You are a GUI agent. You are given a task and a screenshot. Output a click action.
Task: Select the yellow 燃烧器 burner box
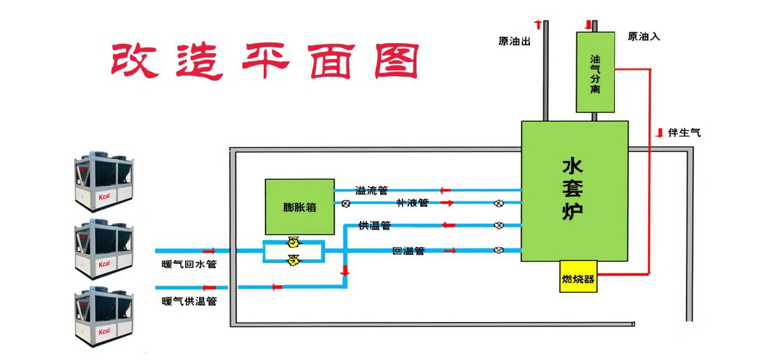[578, 278]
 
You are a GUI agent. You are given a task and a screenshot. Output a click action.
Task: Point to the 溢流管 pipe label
[371, 190]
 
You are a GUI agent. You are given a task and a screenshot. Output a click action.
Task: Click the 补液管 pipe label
[412, 203]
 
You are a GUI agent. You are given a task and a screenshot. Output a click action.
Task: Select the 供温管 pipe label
[374, 225]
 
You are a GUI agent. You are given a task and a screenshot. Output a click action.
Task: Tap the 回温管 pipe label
[408, 251]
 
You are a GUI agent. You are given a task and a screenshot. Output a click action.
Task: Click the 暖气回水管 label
[189, 264]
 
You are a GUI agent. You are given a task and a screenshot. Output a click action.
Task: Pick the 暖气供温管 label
[189, 301]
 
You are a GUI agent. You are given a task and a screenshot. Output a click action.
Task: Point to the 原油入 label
[643, 37]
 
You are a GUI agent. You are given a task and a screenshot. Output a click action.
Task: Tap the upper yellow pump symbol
[293, 241]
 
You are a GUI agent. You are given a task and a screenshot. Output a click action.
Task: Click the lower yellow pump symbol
[293, 259]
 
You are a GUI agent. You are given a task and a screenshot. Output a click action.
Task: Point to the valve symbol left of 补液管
[346, 204]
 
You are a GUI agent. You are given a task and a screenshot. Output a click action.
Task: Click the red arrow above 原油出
[538, 25]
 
